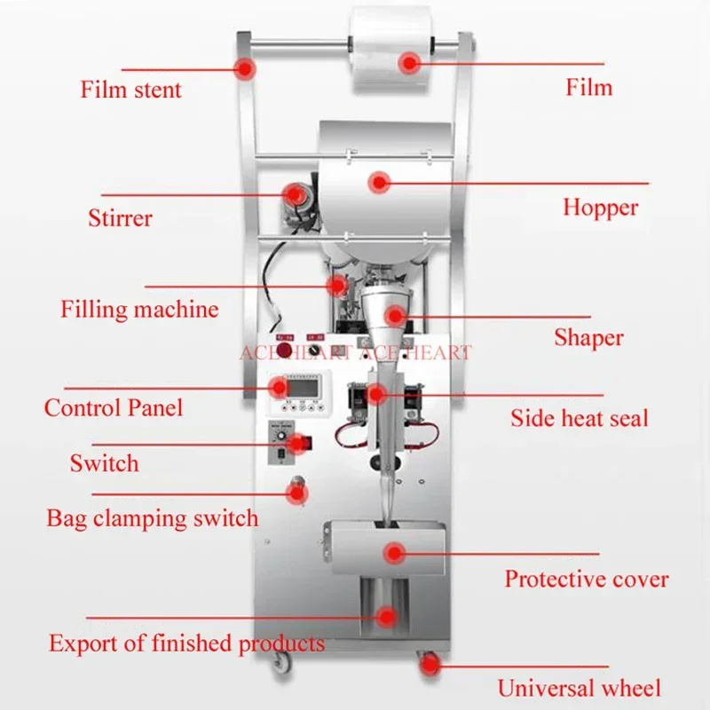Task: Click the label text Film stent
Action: point(130,90)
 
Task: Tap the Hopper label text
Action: point(600,208)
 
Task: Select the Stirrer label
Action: point(120,217)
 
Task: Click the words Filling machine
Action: point(139,310)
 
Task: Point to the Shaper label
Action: point(588,337)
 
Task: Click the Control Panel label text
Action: point(114,407)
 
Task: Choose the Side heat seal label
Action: point(579,418)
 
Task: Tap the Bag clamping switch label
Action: point(153,517)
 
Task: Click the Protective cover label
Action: point(587,580)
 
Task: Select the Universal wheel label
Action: point(579,688)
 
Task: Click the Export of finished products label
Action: point(186,643)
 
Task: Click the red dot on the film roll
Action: point(409,62)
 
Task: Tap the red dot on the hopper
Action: point(381,183)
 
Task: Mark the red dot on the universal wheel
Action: point(430,663)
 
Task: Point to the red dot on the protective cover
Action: point(393,553)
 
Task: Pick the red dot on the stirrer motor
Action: point(292,193)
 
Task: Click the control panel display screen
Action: point(304,388)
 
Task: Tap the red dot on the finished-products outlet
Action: point(386,615)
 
